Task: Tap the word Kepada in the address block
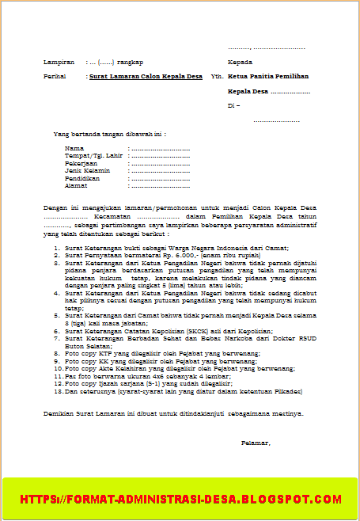tap(240, 62)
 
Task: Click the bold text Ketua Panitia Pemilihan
tap(267, 77)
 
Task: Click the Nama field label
tap(74, 148)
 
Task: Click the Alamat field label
tap(77, 185)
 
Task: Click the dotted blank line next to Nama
tap(160, 149)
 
